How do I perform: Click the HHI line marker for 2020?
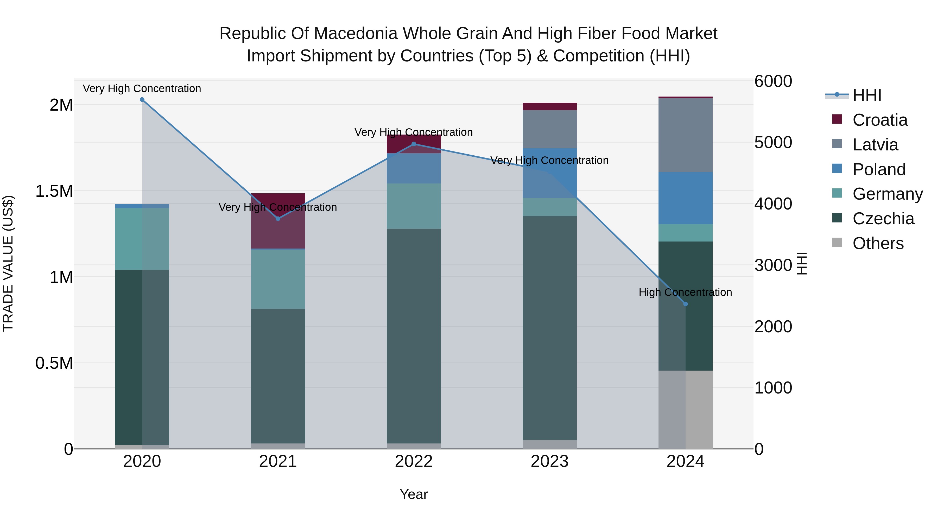coord(142,100)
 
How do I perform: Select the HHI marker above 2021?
coord(278,219)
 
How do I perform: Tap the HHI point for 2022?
coord(414,144)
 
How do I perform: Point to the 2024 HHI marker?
coord(686,304)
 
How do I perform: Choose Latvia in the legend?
coord(875,145)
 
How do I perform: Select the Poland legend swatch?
coord(837,169)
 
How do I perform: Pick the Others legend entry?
coord(878,243)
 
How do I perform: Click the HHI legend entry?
coord(866,95)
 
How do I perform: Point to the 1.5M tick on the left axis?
coord(54,191)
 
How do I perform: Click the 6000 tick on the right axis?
coord(773,81)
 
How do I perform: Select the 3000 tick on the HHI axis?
coord(773,265)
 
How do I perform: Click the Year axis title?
coord(414,494)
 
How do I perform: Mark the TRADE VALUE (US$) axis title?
coord(8,263)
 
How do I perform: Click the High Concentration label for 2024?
coord(685,293)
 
